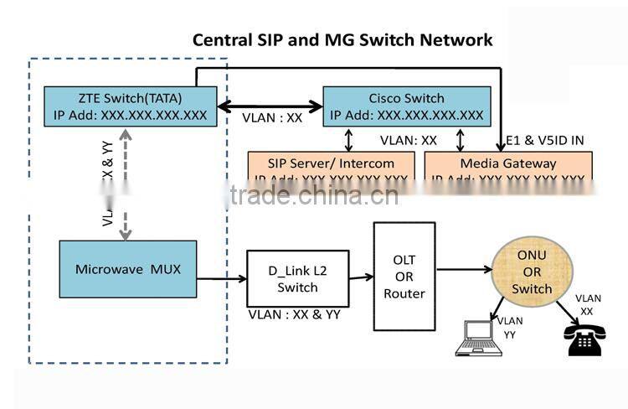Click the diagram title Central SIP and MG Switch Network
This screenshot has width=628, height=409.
(342, 39)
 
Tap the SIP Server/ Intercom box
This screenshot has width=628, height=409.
(332, 166)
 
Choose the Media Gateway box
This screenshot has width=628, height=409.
(508, 166)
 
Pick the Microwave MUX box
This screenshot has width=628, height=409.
(127, 269)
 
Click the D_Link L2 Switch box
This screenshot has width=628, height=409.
(297, 279)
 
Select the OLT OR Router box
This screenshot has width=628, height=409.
(404, 276)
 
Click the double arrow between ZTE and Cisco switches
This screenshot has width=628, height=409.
(270, 106)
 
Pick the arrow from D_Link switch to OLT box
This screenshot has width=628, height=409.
(361, 277)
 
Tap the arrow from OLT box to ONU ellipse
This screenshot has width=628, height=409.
(464, 270)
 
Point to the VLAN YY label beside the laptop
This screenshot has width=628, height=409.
(510, 327)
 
